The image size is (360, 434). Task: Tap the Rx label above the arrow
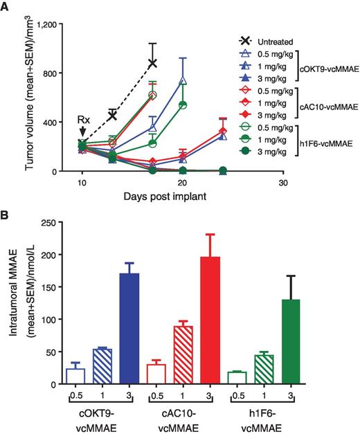(82, 118)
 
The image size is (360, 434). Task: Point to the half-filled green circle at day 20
(183, 105)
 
